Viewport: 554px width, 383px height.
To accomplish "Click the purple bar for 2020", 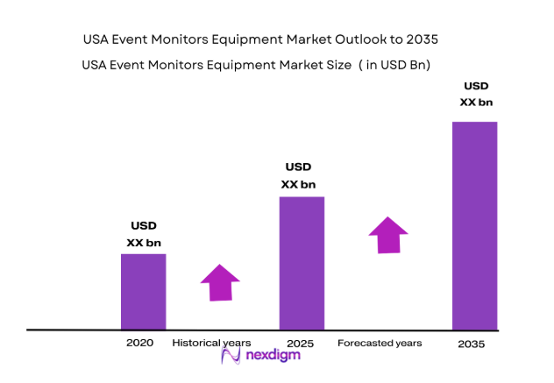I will [143, 291].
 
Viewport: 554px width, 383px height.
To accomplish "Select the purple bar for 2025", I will [302, 263].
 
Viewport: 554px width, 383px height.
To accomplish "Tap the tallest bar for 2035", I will [474, 225].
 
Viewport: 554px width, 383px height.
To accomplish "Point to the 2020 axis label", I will [140, 343].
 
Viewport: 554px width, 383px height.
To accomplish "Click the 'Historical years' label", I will [211, 343].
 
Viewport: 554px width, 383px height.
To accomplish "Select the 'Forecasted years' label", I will [380, 343].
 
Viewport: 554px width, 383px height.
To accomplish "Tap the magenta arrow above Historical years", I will [220, 281].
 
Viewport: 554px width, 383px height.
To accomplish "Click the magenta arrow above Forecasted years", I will [387, 235].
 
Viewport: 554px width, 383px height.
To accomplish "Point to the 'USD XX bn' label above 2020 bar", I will [144, 234].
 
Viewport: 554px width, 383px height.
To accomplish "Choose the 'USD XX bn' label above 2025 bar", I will [298, 175].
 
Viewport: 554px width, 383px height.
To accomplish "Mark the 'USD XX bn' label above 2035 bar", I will [476, 95].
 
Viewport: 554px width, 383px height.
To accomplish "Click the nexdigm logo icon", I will [231, 355].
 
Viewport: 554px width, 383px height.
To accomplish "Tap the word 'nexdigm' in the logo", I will [272, 355].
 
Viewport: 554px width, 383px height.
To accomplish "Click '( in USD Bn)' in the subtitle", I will [394, 65].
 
